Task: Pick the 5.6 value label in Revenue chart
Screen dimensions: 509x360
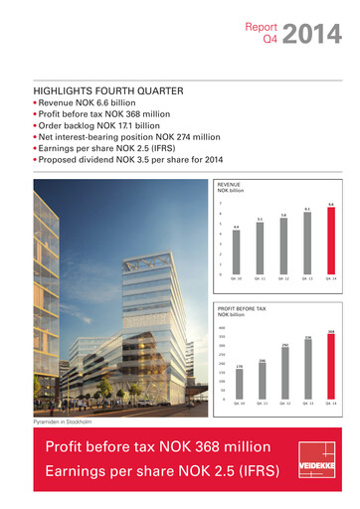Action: coord(283,214)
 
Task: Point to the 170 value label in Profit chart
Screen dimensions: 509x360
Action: coord(240,366)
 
